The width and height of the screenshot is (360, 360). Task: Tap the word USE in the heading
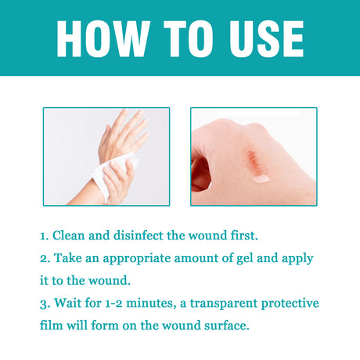click(x=257, y=38)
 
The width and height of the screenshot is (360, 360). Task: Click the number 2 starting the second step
click(x=45, y=257)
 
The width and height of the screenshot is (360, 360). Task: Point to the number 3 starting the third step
click(x=45, y=302)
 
